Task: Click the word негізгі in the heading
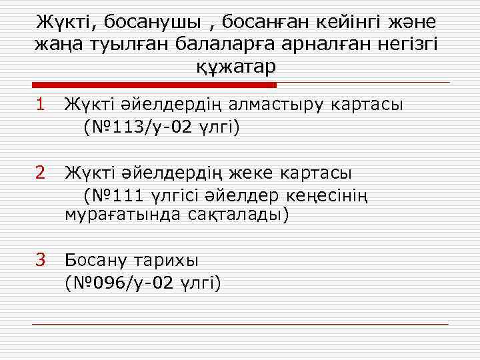[x=405, y=44]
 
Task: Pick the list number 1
[x=41, y=104]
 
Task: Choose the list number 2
[x=41, y=173]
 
